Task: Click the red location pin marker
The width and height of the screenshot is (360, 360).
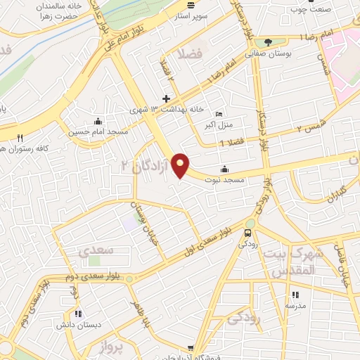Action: pyautogui.click(x=181, y=165)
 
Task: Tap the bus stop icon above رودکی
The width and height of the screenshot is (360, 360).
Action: pyautogui.click(x=248, y=233)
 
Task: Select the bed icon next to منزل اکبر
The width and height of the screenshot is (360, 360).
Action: pyautogui.click(x=219, y=114)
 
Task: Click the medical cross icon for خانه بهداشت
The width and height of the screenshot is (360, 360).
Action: pyautogui.click(x=166, y=98)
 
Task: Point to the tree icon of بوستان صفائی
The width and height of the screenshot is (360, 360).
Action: pyautogui.click(x=267, y=41)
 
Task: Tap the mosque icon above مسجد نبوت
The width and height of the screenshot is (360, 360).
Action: pyautogui.click(x=224, y=169)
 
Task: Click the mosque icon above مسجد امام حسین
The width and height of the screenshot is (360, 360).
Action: pyautogui.click(x=97, y=120)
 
